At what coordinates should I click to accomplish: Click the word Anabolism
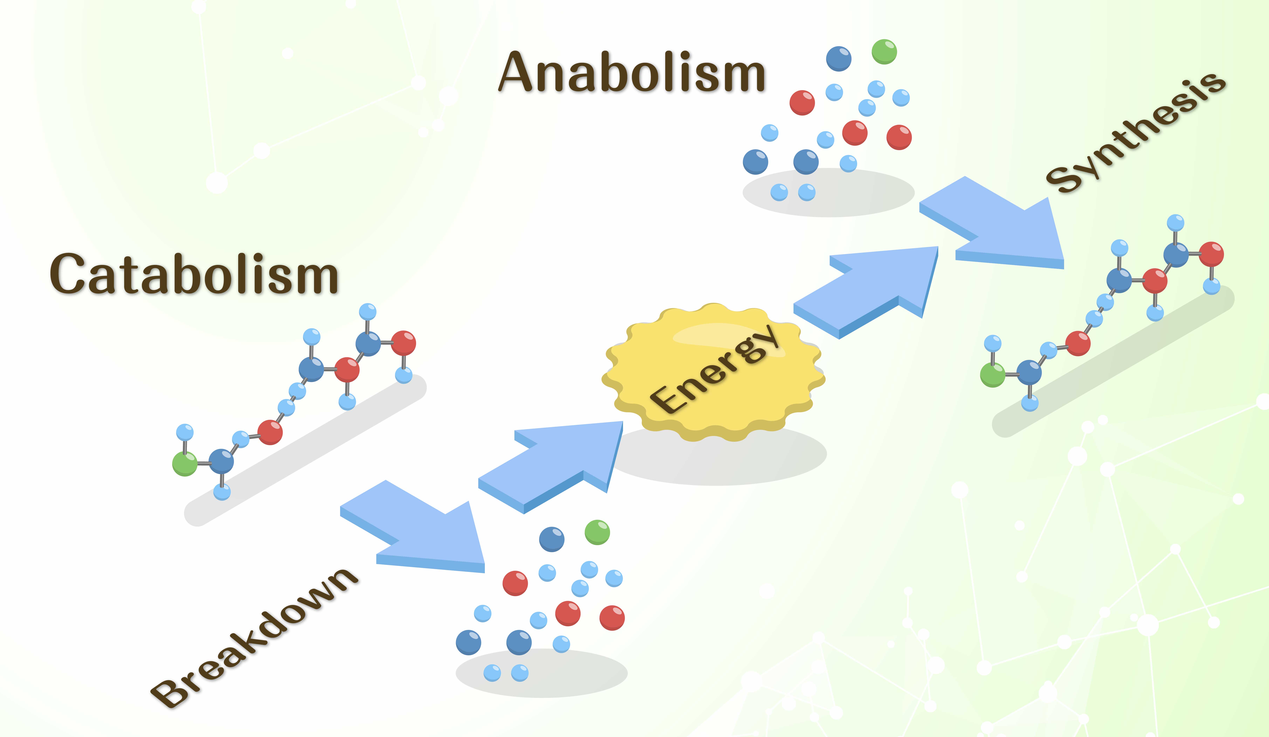(x=632, y=73)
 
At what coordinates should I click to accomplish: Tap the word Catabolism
(x=194, y=275)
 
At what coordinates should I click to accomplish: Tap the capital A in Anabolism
(x=519, y=73)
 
